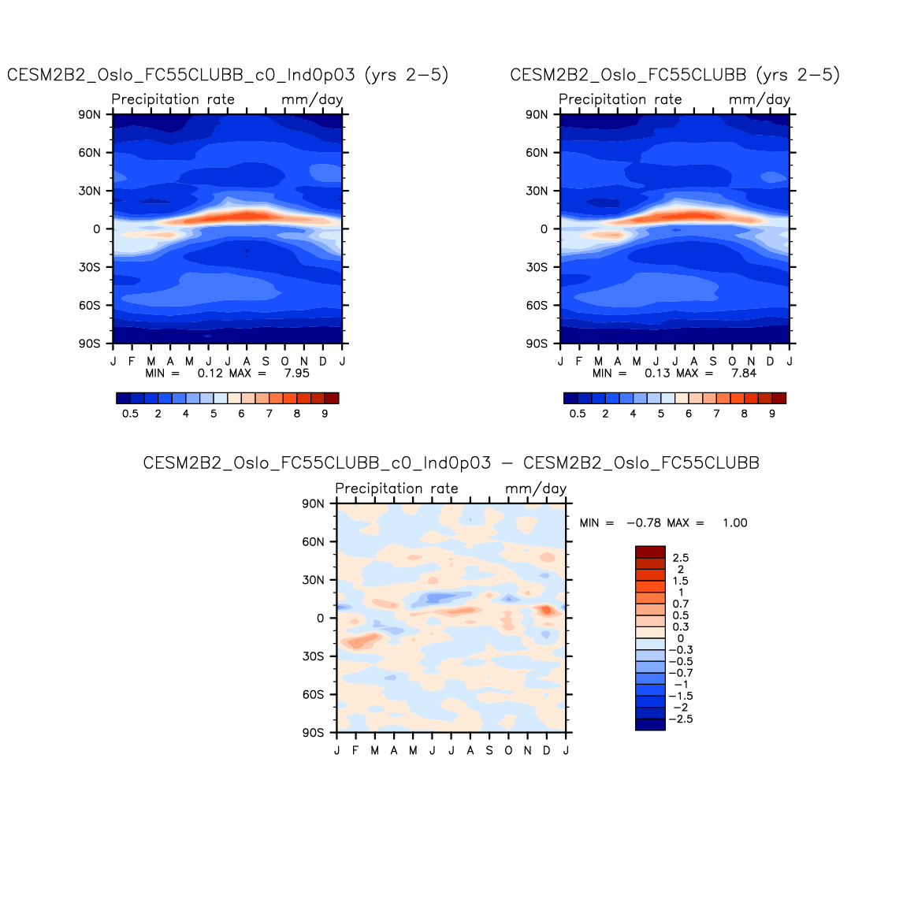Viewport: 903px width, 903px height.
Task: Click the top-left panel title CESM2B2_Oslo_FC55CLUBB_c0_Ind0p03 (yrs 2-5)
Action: (228, 75)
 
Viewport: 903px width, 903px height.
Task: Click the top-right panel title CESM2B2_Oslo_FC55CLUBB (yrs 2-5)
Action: (674, 75)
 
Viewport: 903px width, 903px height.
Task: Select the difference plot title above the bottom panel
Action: (451, 463)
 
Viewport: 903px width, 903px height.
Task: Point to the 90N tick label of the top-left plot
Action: (90, 115)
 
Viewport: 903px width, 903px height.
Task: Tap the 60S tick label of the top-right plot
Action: (537, 306)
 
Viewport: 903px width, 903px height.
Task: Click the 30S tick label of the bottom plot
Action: (313, 656)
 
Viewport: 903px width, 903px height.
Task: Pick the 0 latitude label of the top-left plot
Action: (97, 229)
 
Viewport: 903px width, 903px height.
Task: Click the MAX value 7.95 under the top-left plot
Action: (296, 373)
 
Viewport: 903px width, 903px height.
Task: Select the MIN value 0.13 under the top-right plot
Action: (657, 373)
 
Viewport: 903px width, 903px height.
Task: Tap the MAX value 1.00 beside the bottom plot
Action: (734, 522)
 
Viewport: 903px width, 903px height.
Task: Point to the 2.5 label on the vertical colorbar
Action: (681, 558)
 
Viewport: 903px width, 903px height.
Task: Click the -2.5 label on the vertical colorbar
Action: (681, 719)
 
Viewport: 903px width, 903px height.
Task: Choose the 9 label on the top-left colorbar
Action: (325, 414)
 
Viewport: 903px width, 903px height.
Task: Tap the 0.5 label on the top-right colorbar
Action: (578, 414)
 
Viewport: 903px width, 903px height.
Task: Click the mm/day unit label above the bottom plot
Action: (536, 489)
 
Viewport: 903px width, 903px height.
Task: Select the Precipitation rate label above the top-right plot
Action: (620, 99)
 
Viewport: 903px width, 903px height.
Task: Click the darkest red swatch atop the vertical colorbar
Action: (650, 552)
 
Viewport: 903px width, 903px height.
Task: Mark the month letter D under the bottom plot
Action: (547, 750)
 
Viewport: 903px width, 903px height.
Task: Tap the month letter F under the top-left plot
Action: (132, 361)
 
